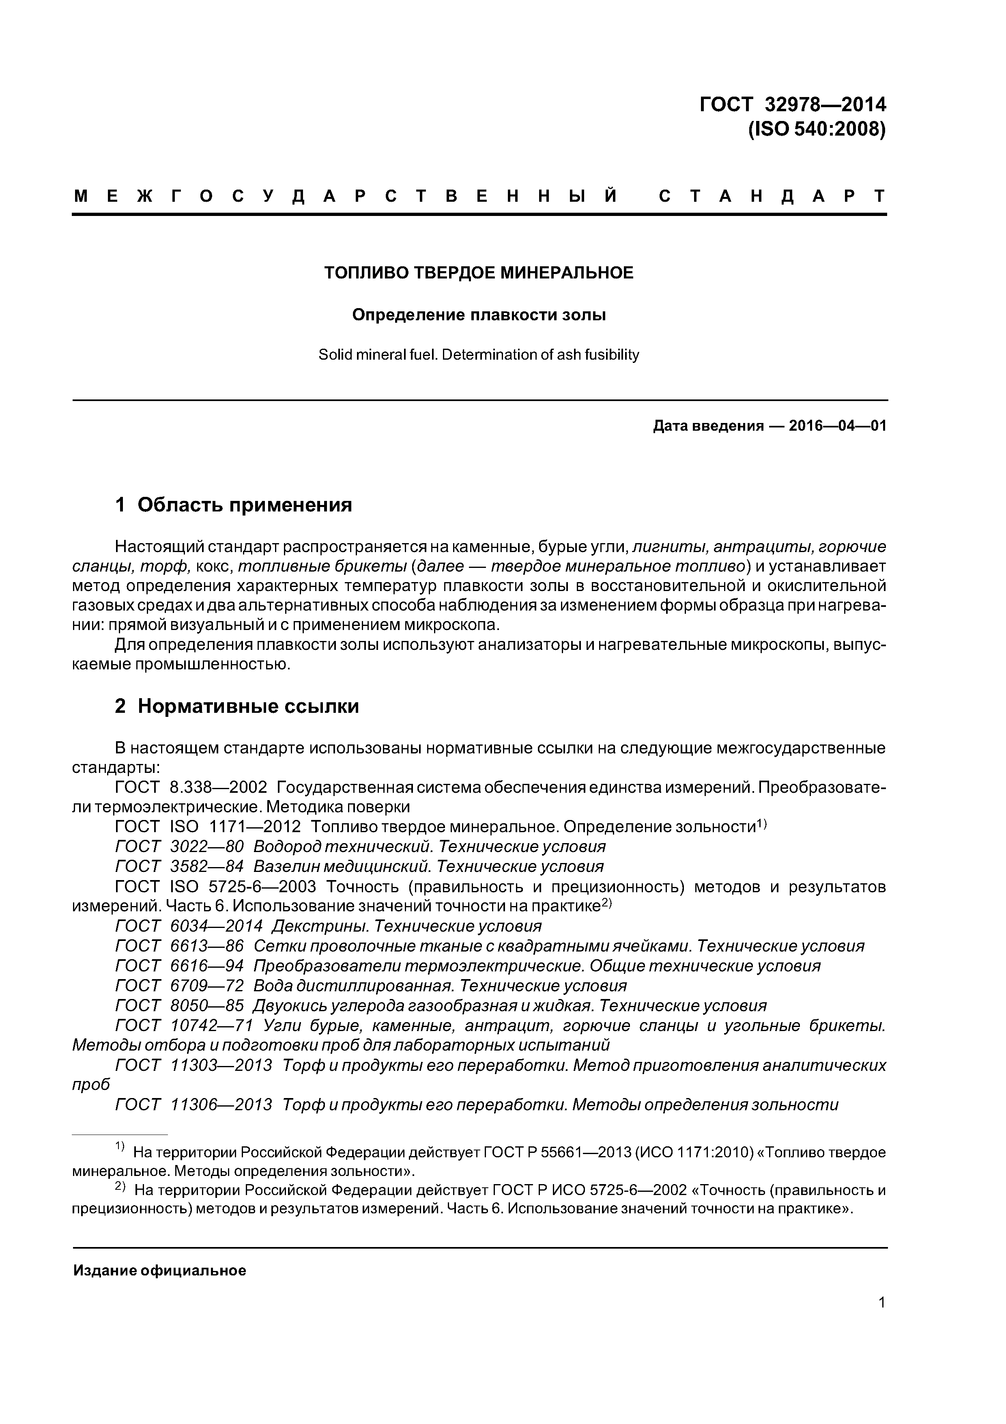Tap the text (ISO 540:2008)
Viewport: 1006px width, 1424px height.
[x=817, y=129]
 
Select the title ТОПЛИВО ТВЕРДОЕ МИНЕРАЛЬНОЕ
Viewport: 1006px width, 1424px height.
[x=479, y=273]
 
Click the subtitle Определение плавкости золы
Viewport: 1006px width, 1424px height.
[x=479, y=315]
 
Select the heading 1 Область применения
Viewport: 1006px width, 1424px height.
[x=233, y=505]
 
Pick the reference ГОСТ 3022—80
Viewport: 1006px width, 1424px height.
[x=179, y=847]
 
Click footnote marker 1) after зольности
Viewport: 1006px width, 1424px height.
[x=762, y=824]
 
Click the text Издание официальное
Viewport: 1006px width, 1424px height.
[x=160, y=1271]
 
